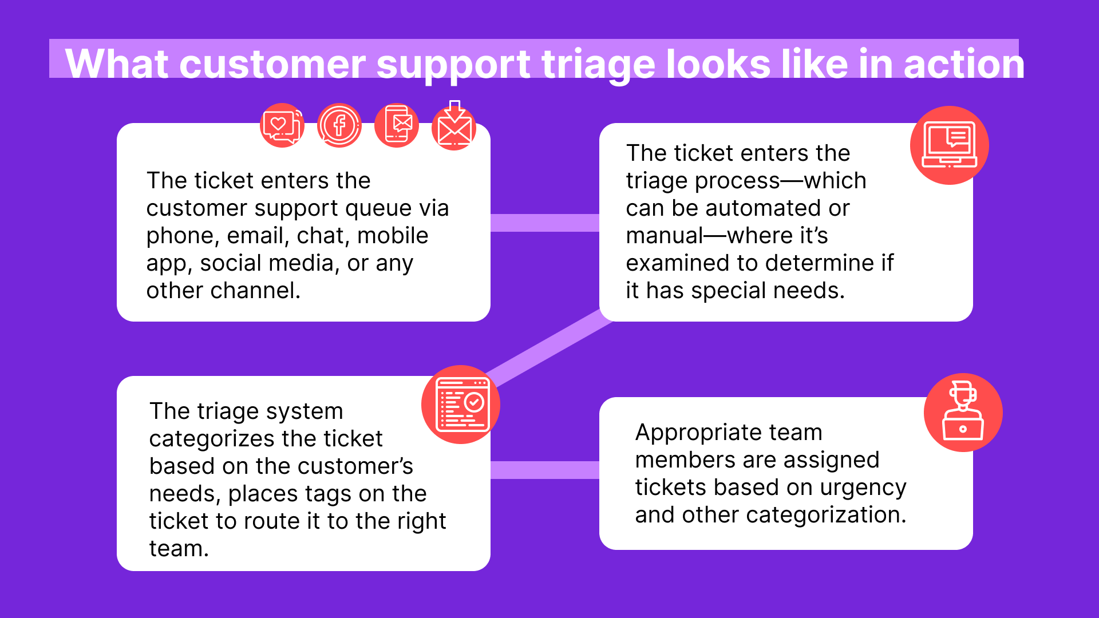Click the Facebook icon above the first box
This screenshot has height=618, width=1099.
(339, 125)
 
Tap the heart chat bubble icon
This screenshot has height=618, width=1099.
(282, 125)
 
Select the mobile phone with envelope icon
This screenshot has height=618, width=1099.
(397, 125)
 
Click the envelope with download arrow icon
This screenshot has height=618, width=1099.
(454, 127)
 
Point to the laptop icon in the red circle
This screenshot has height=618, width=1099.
(949, 145)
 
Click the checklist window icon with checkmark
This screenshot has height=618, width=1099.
(461, 405)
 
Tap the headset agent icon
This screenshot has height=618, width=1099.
(963, 413)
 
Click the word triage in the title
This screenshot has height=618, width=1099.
(598, 64)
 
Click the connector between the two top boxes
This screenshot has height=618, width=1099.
(544, 223)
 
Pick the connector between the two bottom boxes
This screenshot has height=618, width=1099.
(544, 470)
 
